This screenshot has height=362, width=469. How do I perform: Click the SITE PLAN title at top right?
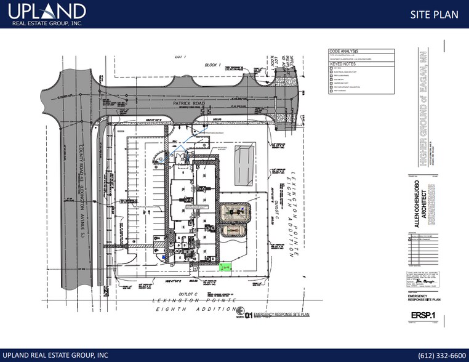434,14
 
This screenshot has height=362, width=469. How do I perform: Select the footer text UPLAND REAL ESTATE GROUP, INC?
55,355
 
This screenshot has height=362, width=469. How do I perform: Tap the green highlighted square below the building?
226,267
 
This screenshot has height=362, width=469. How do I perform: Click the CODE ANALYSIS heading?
344,52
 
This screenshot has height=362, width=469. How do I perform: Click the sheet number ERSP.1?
420,316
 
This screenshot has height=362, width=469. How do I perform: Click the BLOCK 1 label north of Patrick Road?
212,65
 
